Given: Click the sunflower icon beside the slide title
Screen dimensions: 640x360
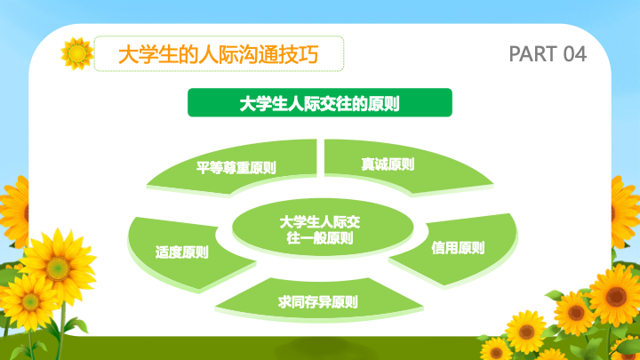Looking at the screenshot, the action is coord(76,53).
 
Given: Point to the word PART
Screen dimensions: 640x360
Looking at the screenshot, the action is coord(533,54).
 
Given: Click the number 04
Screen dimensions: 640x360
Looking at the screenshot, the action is coord(575,54).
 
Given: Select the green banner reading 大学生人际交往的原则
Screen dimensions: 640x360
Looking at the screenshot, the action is coord(320,102).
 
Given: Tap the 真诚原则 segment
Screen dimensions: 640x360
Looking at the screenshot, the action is coord(404,165).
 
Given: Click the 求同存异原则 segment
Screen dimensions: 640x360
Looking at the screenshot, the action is coord(318,301).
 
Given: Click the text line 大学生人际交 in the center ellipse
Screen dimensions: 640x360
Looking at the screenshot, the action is coord(320,222).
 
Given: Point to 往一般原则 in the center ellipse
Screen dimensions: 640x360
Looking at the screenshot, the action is coord(320,237).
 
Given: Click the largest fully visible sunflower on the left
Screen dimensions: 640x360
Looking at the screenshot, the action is coord(58,268).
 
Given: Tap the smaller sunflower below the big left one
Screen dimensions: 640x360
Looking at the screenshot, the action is coord(30,302).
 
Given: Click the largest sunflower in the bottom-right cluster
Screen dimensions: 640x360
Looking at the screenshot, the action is coord(615,296).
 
